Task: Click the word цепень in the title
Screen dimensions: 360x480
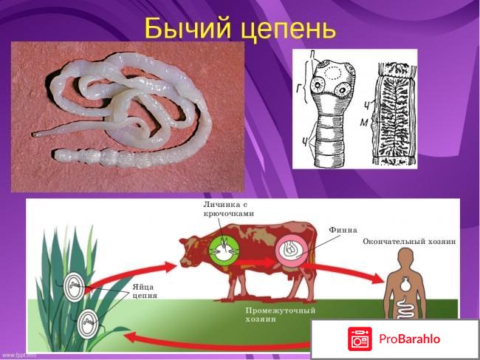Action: click(x=288, y=30)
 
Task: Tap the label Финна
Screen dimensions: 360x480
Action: click(x=343, y=229)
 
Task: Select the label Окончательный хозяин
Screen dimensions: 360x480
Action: click(x=409, y=242)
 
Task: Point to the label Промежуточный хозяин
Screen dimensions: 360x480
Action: click(x=275, y=314)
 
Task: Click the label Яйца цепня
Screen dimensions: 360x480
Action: click(x=145, y=291)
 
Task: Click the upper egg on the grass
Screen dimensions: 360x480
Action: click(x=75, y=287)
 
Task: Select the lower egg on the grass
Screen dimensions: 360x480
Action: click(x=86, y=323)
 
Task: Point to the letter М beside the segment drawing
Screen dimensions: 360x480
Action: click(x=373, y=123)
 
